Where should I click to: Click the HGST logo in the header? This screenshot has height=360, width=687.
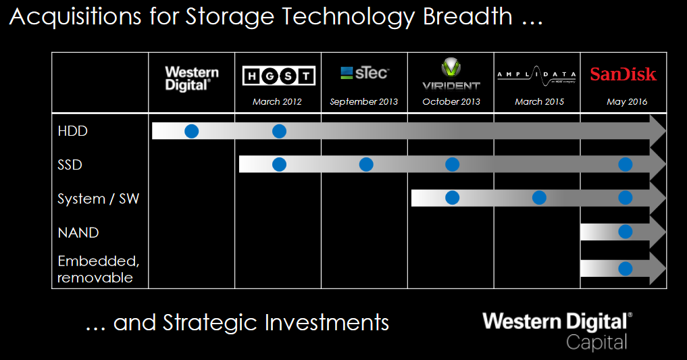(279, 76)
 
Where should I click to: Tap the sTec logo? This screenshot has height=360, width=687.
(364, 73)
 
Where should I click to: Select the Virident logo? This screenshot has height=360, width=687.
(451, 74)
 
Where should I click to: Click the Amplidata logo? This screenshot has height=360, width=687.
(537, 75)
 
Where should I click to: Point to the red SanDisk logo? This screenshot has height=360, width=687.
(623, 74)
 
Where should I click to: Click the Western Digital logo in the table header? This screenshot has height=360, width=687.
(192, 78)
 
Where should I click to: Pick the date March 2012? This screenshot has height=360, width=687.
(277, 102)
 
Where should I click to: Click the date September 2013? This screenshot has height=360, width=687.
(364, 102)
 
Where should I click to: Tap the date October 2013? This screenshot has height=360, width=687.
(451, 102)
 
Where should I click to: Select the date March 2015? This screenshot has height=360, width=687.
(538, 102)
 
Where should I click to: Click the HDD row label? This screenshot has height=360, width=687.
(73, 131)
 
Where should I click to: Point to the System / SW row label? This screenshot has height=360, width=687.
(99, 199)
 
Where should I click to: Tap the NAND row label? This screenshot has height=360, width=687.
(78, 232)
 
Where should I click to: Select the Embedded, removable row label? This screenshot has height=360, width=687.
(94, 269)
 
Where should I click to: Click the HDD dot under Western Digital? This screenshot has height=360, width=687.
(192, 131)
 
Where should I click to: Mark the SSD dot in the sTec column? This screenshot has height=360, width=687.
(366, 164)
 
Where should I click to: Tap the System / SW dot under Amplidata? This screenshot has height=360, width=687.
(539, 198)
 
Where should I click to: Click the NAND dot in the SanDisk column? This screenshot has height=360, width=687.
(626, 232)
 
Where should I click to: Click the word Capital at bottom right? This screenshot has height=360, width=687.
(596, 341)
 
